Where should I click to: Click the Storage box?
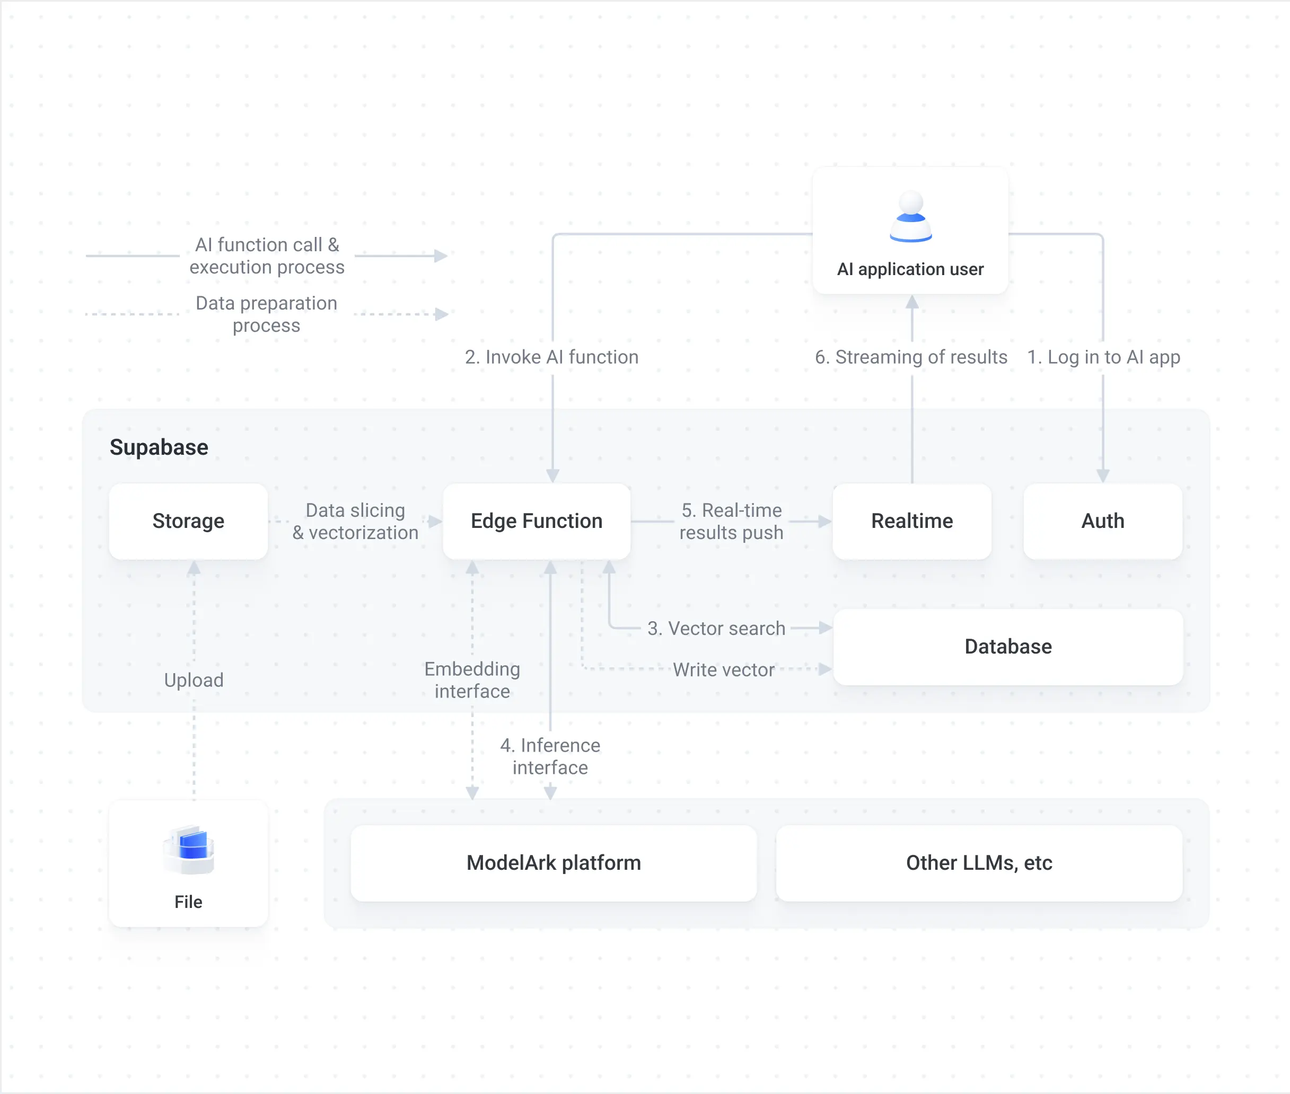tap(188, 521)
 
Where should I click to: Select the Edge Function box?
tap(537, 521)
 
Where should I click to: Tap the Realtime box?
tap(911, 521)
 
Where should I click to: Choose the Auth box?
tap(1103, 521)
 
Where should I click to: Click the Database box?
tap(1008, 647)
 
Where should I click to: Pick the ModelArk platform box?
tap(554, 863)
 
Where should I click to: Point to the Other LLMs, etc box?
tap(979, 863)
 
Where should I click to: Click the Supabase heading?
tap(159, 447)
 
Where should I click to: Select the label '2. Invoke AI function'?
tap(551, 357)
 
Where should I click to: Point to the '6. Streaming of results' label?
tap(911, 357)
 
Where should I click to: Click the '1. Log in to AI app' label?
tap(1103, 357)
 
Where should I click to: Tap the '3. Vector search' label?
tap(716, 628)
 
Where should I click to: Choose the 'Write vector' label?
tap(724, 670)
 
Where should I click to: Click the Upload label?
tap(194, 681)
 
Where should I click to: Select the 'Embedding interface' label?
tap(472, 680)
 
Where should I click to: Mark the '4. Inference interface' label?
tap(550, 756)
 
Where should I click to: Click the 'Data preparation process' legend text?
tap(267, 314)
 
